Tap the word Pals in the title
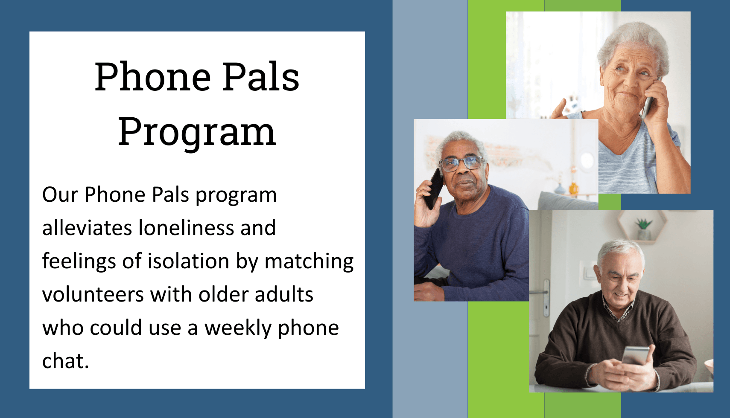pyautogui.click(x=260, y=77)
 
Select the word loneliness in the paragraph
pyautogui.click(x=186, y=227)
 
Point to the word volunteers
pyautogui.click(x=93, y=295)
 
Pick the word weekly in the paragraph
pyautogui.click(x=238, y=328)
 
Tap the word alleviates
pyautogui.click(x=87, y=227)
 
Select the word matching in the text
pyautogui.click(x=309, y=262)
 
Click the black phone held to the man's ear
pyautogui.click(x=434, y=189)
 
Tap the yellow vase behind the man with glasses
pyautogui.click(x=573, y=189)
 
